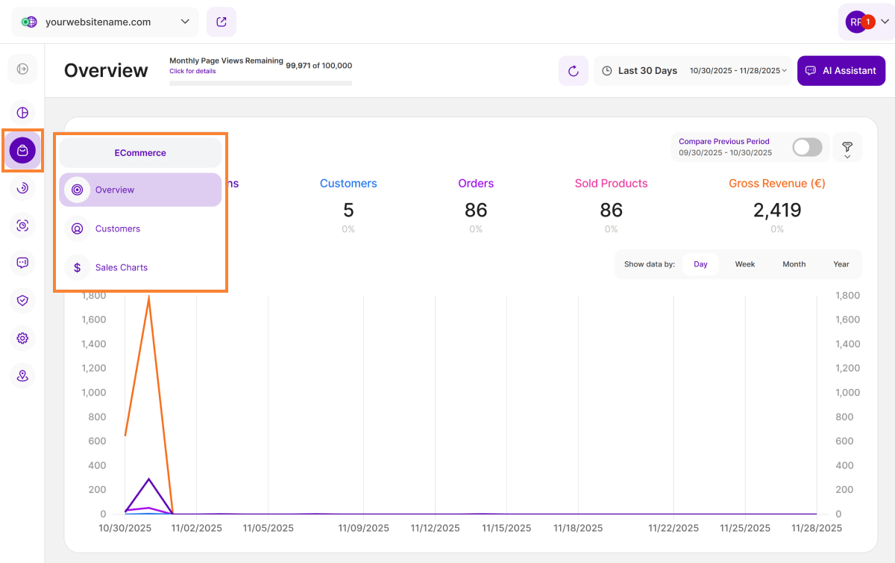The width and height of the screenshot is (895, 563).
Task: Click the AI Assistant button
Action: point(841,71)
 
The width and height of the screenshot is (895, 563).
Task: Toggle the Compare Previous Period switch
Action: point(807,147)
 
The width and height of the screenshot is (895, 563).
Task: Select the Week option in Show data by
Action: point(744,264)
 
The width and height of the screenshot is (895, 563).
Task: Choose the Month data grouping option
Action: point(794,264)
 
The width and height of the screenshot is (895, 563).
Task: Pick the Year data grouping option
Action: point(841,264)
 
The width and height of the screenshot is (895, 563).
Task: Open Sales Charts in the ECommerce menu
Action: point(121,267)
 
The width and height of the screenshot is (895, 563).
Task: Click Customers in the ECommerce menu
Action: point(117,228)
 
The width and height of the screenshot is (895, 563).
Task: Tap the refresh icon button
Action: point(573,71)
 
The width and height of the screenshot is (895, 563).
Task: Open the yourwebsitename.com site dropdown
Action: point(105,22)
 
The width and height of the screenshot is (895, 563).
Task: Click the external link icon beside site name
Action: point(222,22)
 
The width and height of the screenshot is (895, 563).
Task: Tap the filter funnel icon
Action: point(847,147)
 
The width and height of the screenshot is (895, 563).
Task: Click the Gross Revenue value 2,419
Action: point(776,210)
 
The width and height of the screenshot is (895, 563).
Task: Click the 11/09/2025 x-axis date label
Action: point(363,528)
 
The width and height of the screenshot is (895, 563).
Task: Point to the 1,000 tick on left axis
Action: point(94,392)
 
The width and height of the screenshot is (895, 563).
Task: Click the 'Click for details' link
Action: point(192,72)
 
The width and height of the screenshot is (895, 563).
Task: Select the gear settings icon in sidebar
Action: point(22,338)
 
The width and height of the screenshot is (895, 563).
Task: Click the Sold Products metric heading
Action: point(611,183)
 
